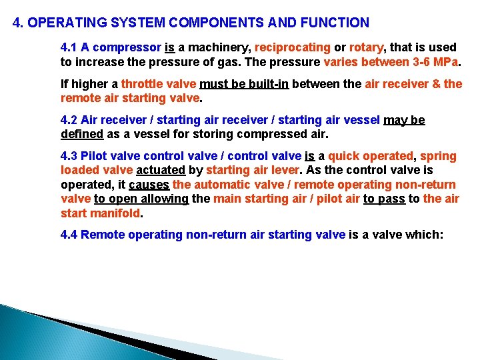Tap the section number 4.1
69,48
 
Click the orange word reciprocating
293,48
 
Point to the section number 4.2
69,121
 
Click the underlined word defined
82,134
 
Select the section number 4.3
69,157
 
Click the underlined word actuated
161,171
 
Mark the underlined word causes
149,185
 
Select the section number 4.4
69,235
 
